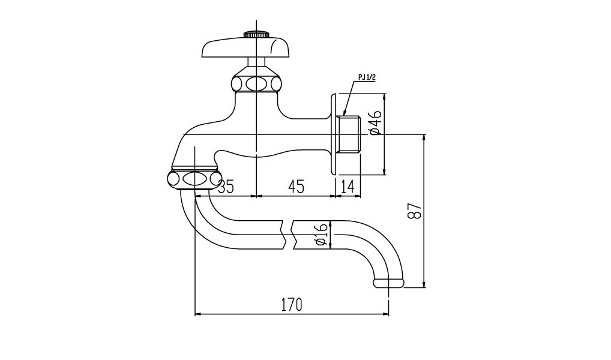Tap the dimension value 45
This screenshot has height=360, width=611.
pos(295,187)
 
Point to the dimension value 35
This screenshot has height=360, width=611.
pos(225,187)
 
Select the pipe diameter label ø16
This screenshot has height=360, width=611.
pos(321,234)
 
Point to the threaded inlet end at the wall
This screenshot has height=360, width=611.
pos(348,134)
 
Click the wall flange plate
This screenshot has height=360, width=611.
pos(333,134)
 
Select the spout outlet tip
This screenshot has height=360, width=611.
pos(388,283)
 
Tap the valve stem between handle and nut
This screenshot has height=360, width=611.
pos(256,63)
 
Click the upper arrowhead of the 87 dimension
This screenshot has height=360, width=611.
pos(424,137)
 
